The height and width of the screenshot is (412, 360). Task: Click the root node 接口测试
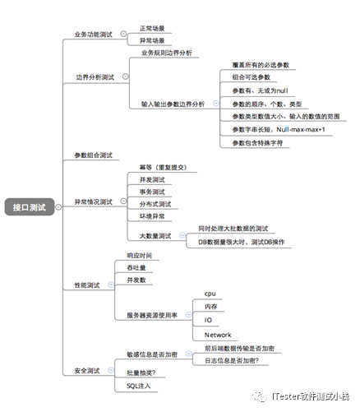pos(29,208)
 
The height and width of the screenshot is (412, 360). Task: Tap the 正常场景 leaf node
pos(151,28)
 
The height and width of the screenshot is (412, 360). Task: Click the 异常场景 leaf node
pos(151,39)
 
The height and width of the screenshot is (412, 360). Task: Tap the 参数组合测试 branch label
pos(93,155)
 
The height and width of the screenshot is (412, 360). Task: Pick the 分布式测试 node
pos(155,203)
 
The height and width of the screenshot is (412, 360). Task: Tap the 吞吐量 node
pos(136,268)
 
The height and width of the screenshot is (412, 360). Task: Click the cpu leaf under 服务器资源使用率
pos(210,294)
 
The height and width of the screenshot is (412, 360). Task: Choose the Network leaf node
pos(218,335)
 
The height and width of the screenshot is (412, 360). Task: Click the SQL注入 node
pos(138,384)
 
